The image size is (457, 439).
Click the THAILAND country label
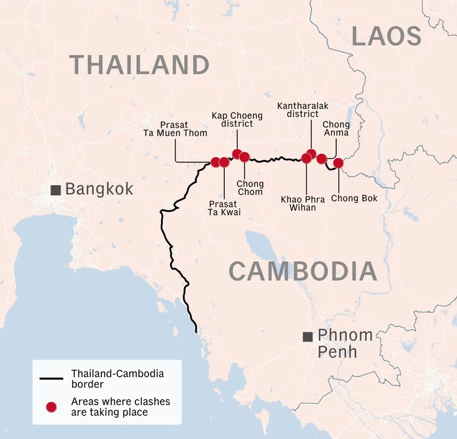(138, 64)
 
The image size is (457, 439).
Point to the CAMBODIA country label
(302, 271)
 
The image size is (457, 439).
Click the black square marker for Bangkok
(56, 189)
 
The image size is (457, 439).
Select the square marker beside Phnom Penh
(307, 336)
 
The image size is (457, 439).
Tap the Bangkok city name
(99, 189)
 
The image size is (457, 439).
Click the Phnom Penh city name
(346, 343)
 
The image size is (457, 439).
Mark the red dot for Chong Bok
(338, 163)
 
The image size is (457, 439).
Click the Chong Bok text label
(354, 198)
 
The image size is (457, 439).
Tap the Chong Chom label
(250, 188)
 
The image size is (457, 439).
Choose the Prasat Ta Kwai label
(224, 208)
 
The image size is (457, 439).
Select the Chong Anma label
(336, 129)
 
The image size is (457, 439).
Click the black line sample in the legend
(51, 378)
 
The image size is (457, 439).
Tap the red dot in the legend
(51, 406)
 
